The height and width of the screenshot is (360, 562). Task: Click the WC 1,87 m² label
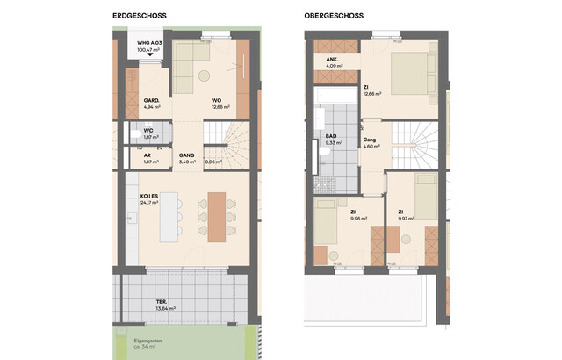(151, 134)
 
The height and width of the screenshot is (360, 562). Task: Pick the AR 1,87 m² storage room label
(151, 160)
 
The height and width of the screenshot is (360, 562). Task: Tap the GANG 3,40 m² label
(186, 159)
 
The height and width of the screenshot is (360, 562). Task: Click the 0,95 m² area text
(213, 162)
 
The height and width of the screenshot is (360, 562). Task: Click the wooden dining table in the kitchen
(216, 215)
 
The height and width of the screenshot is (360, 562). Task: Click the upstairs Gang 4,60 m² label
(370, 142)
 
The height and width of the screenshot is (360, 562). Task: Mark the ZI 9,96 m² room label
(356, 215)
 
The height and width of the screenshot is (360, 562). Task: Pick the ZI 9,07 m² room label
(405, 215)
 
